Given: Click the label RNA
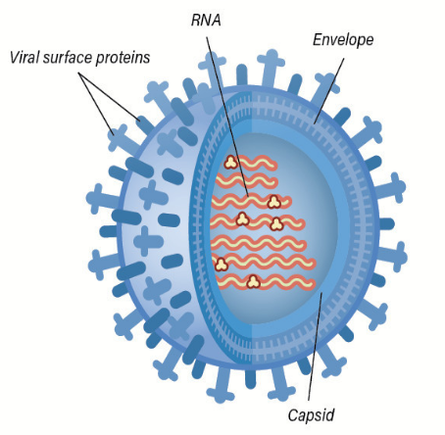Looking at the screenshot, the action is click(x=206, y=21).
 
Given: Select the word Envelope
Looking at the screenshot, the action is click(x=343, y=40).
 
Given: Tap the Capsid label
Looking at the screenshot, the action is click(x=311, y=415).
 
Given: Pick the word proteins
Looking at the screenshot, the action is click(x=124, y=58).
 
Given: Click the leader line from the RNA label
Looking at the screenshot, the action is click(x=227, y=117).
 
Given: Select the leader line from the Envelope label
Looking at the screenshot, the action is click(x=328, y=91).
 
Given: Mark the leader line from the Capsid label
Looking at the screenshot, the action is click(x=315, y=346).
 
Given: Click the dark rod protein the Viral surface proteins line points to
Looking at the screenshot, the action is click(x=144, y=123).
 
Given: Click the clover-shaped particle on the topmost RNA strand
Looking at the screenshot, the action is click(x=230, y=162).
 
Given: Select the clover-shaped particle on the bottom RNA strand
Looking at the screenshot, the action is click(x=253, y=282).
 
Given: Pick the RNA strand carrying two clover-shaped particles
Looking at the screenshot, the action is click(x=258, y=221).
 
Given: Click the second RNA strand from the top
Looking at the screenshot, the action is click(x=247, y=180).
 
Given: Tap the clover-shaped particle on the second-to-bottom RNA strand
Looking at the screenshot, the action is click(x=222, y=264).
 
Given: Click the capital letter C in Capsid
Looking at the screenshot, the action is click(x=293, y=414).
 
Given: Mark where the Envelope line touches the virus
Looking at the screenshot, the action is click(x=314, y=124).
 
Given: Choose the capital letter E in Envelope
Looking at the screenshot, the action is click(x=318, y=39).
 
